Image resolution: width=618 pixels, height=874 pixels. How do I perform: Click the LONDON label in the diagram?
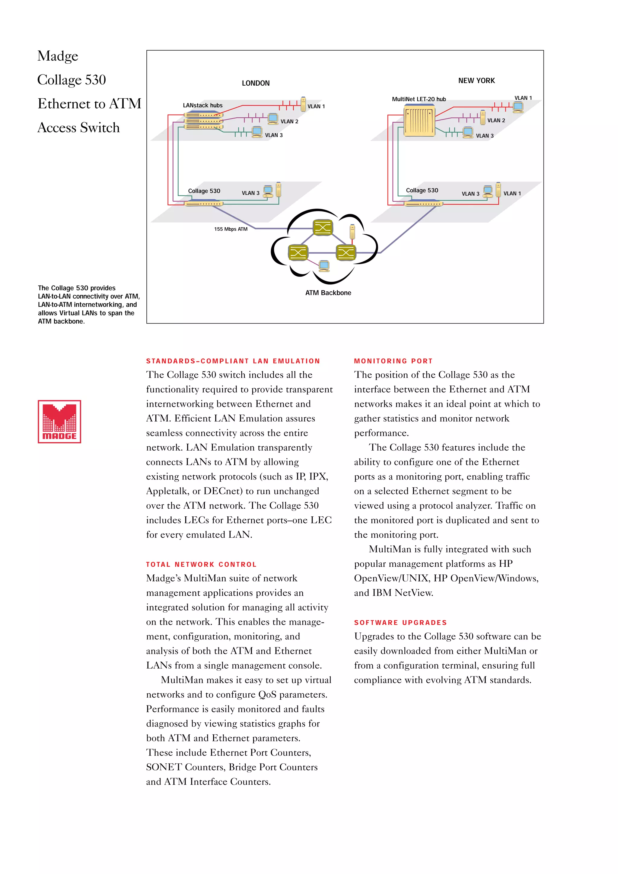click(256, 83)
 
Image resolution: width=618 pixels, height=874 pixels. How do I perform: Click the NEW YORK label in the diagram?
click(476, 81)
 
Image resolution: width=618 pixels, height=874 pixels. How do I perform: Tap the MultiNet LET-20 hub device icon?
click(419, 121)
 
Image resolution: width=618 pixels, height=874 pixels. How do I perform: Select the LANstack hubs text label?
click(202, 106)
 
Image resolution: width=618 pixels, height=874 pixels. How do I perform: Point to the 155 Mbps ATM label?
click(231, 229)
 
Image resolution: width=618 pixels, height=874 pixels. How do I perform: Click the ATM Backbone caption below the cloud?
click(328, 293)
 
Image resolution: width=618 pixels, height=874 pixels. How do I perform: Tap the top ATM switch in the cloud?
click(323, 228)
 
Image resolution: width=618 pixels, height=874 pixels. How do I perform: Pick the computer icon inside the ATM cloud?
click(324, 266)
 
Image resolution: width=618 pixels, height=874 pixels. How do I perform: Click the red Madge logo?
click(59, 421)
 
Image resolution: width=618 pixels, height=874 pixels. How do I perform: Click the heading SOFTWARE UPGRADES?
click(400, 622)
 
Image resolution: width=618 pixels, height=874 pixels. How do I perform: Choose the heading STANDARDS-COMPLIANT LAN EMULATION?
click(233, 361)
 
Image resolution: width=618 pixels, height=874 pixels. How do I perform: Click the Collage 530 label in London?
click(204, 191)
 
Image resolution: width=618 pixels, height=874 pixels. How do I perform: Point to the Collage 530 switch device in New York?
click(423, 204)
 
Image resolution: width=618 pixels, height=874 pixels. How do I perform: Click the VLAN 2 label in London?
click(289, 122)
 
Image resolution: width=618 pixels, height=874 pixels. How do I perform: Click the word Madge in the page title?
click(58, 56)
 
